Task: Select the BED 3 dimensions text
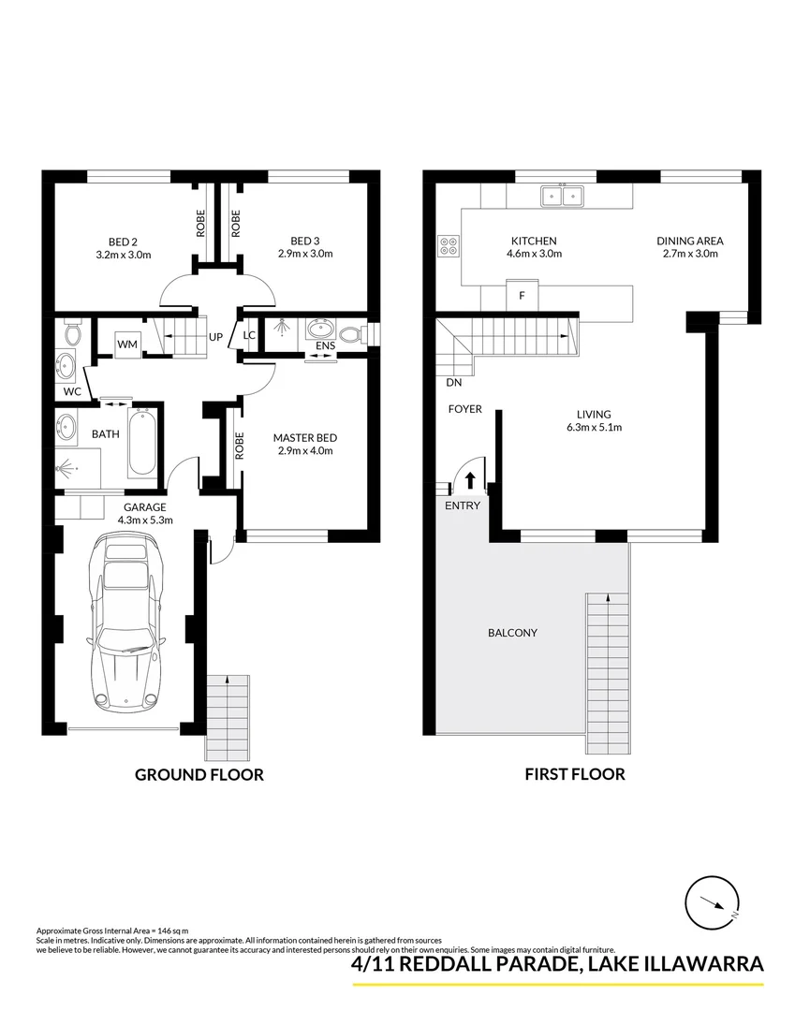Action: (305, 254)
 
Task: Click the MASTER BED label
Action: (304, 437)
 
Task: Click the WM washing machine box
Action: (126, 344)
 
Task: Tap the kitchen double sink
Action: (562, 196)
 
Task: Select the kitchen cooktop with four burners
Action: (449, 244)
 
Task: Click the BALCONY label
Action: (512, 633)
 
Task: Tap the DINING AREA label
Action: (689, 241)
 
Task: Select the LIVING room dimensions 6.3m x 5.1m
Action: (594, 427)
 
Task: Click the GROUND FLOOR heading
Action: (199, 774)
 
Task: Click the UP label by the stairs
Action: (214, 337)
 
